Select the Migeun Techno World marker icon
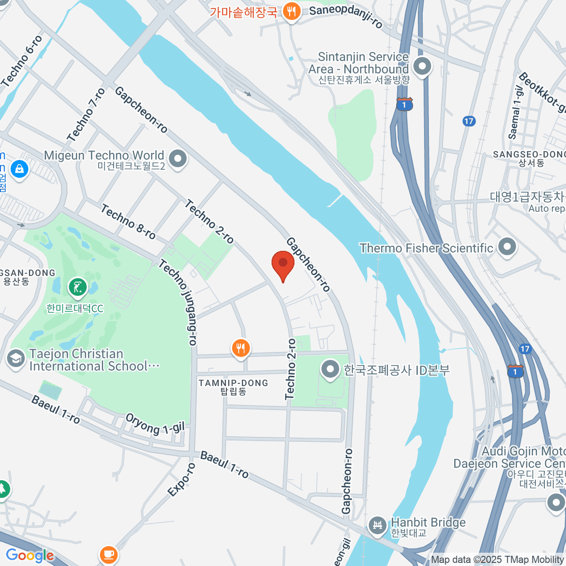(x=178, y=159)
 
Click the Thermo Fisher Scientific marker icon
(x=507, y=247)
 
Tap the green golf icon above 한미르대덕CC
(x=78, y=287)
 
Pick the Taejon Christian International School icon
(x=16, y=359)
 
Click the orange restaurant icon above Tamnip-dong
(x=241, y=349)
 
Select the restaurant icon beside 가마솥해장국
(x=292, y=11)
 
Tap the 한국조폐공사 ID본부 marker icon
(x=330, y=369)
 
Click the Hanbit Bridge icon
(x=377, y=524)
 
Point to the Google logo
(x=30, y=555)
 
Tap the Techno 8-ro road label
(x=128, y=222)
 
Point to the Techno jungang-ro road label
(x=178, y=302)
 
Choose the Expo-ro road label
(x=181, y=479)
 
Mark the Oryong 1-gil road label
(x=155, y=423)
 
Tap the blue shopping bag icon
(x=19, y=168)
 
